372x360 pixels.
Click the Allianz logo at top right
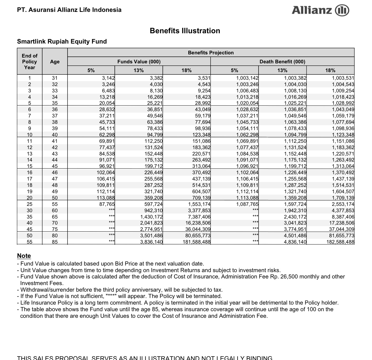(320, 10)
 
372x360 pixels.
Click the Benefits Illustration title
(185, 31)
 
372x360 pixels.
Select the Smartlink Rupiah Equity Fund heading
(62, 41)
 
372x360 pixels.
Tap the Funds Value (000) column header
(139, 61)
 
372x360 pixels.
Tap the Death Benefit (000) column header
(282, 61)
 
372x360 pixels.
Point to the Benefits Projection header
(211, 53)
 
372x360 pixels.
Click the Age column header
(55, 61)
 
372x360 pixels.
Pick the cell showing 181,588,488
(197, 242)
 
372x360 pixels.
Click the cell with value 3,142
(108, 78)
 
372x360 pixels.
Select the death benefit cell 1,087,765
(247, 204)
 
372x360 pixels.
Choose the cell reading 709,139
(201, 198)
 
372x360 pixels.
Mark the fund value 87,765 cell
(107, 204)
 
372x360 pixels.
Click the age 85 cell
(55, 242)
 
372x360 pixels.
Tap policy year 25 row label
(30, 204)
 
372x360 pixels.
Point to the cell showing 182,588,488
(340, 242)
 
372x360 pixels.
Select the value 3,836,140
(151, 242)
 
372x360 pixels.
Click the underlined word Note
(24, 256)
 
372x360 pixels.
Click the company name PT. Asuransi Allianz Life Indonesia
(69, 10)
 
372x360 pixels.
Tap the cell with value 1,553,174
(199, 204)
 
